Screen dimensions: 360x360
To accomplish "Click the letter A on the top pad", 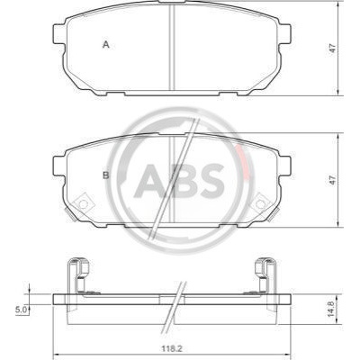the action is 106,45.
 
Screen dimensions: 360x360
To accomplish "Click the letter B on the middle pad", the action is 106,175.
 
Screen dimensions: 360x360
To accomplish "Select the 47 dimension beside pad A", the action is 332,49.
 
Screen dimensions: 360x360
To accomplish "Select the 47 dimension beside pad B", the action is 332,180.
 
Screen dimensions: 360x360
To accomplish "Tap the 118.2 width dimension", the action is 173,349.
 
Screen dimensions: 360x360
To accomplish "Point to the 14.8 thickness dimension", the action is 330,310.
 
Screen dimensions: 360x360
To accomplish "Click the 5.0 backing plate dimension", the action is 22,310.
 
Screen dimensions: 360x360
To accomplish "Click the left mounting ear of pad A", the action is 58,34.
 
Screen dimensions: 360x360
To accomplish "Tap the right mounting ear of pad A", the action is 285,34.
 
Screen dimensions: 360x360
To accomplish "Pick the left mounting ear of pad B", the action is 58,166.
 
